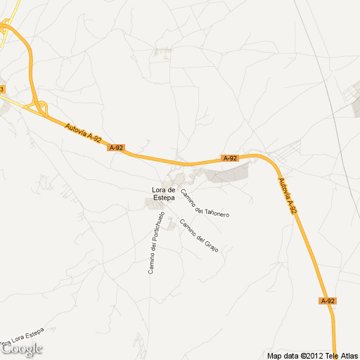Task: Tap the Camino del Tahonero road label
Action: pos(205,202)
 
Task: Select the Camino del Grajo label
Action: pos(199,236)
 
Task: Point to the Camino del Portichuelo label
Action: pos(156,243)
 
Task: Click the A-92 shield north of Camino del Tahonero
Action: pos(230,158)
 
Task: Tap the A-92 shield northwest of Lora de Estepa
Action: pos(116,148)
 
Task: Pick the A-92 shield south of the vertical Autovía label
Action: pos(328,301)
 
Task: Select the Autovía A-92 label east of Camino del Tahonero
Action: pos(288,196)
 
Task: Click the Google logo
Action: pos(22,348)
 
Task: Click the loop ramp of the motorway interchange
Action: pos(39,107)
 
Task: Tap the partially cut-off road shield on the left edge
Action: pos(2,89)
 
